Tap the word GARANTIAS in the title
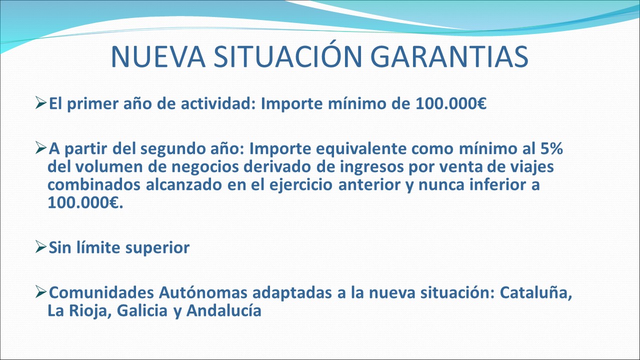449,56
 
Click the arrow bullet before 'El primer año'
41,102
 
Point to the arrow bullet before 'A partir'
41,148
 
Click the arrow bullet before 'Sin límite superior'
41,247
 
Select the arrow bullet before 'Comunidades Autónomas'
41,292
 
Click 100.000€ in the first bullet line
451,103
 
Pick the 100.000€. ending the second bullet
85,202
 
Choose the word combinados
93,184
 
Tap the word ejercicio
301,185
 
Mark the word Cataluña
535,292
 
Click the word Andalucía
223,310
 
